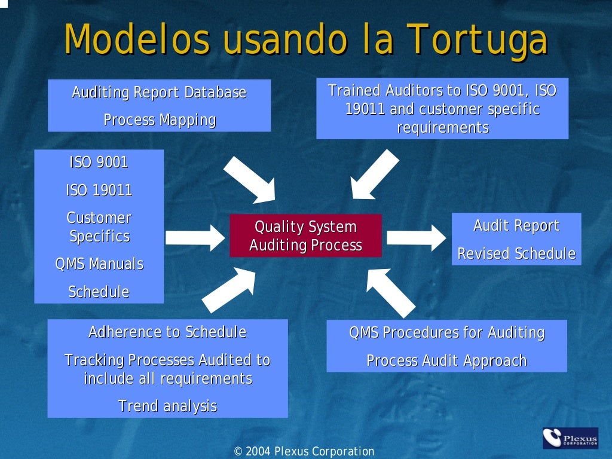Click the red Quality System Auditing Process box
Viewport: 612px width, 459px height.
[305, 236]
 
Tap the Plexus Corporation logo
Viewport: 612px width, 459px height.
[570, 438]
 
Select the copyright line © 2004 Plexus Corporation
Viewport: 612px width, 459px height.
[304, 451]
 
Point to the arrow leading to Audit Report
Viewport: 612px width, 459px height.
[416, 237]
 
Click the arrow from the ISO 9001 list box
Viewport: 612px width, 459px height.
[194, 237]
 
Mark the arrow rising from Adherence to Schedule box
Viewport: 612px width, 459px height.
[229, 289]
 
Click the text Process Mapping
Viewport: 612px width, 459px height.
[160, 120]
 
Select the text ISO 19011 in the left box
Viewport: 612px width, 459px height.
[99, 190]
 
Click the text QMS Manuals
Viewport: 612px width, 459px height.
[99, 264]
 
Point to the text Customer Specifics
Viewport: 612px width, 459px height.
[99, 227]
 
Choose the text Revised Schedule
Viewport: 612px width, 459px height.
[516, 253]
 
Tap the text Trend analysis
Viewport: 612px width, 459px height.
[167, 406]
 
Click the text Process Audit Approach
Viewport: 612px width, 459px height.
[446, 360]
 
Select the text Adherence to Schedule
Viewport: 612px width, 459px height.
[167, 332]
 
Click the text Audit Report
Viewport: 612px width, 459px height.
[516, 225]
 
